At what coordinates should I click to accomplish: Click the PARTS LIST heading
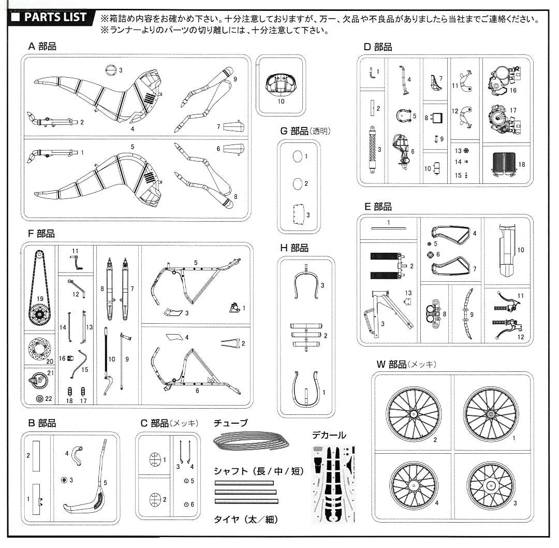(55, 18)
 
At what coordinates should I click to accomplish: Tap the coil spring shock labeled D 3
(373, 149)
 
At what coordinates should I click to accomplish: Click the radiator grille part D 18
(504, 164)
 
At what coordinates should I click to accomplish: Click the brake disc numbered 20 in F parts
(39, 349)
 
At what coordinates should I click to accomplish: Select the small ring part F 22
(39, 398)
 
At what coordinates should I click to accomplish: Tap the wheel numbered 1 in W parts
(491, 414)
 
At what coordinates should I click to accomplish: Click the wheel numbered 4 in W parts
(414, 485)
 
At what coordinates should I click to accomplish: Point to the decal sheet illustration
(334, 484)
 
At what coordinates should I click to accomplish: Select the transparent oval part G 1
(297, 156)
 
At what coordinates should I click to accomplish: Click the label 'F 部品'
(41, 234)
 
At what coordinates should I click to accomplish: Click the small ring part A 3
(111, 70)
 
